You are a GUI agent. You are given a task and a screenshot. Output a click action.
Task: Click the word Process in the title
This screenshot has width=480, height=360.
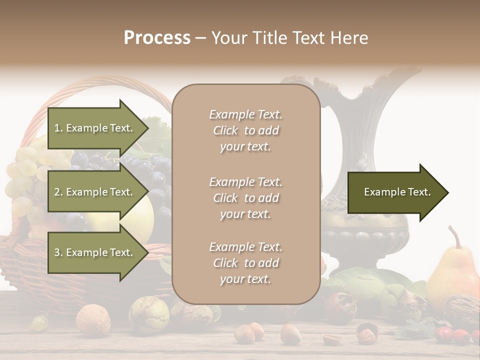[157, 38]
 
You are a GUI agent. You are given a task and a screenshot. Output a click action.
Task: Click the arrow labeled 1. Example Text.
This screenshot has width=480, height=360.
[95, 128]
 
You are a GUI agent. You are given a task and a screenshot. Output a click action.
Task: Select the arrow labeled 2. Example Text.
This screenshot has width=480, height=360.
[95, 192]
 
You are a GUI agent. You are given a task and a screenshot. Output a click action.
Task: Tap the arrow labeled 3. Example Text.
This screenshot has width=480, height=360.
[95, 252]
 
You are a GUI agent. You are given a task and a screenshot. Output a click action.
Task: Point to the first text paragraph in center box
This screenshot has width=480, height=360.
[245, 130]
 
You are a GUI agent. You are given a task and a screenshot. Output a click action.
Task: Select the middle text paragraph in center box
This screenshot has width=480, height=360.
[245, 198]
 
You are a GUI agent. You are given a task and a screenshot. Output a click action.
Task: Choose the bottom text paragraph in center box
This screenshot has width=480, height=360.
[245, 263]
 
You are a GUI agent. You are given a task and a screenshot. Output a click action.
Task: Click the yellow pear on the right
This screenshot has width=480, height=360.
[452, 275]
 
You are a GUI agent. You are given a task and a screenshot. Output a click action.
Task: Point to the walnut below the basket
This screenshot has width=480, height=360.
[93, 319]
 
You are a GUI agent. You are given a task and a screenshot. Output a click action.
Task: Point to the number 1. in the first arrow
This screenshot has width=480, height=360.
[58, 128]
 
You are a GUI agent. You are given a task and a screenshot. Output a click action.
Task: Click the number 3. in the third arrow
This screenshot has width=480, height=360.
[58, 252]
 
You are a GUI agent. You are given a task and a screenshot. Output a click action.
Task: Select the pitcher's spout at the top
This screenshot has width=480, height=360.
[400, 75]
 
